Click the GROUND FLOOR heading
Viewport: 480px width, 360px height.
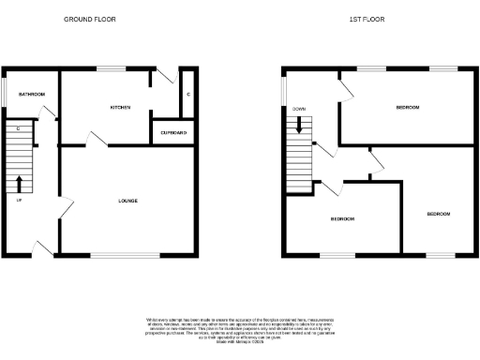coord(83,19)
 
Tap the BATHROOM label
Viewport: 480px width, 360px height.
coord(32,95)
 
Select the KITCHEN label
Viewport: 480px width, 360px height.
coord(120,108)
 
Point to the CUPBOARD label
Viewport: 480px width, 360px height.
coord(173,133)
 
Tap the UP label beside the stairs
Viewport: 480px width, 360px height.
coord(19,199)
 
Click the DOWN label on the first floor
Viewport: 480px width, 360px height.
coord(299,109)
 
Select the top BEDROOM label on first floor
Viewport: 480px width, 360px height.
coord(408,108)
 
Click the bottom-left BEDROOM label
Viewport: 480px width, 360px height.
coord(342,218)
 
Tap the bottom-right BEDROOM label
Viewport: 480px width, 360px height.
coord(438,214)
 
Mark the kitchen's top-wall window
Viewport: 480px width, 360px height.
coord(112,67)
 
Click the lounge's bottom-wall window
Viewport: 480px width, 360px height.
coord(125,255)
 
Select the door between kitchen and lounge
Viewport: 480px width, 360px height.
coord(97,139)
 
